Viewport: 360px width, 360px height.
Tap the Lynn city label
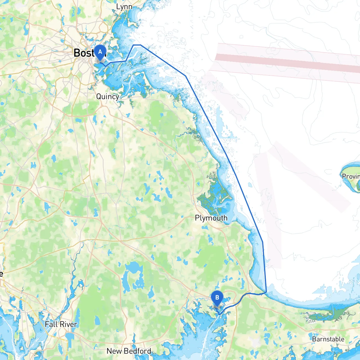124,7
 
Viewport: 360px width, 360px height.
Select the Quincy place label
107,96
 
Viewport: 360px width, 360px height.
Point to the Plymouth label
211,218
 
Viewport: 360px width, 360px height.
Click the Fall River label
61,324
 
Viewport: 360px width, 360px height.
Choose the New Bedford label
129,351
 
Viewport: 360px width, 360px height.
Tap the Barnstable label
328,339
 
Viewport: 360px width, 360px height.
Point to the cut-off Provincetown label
351,176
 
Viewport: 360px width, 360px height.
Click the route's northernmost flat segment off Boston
137,45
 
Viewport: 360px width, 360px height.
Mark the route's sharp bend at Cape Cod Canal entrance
266,292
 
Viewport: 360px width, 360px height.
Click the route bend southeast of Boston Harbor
186,76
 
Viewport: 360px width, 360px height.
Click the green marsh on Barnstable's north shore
323,315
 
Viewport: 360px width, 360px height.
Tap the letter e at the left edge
1,273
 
